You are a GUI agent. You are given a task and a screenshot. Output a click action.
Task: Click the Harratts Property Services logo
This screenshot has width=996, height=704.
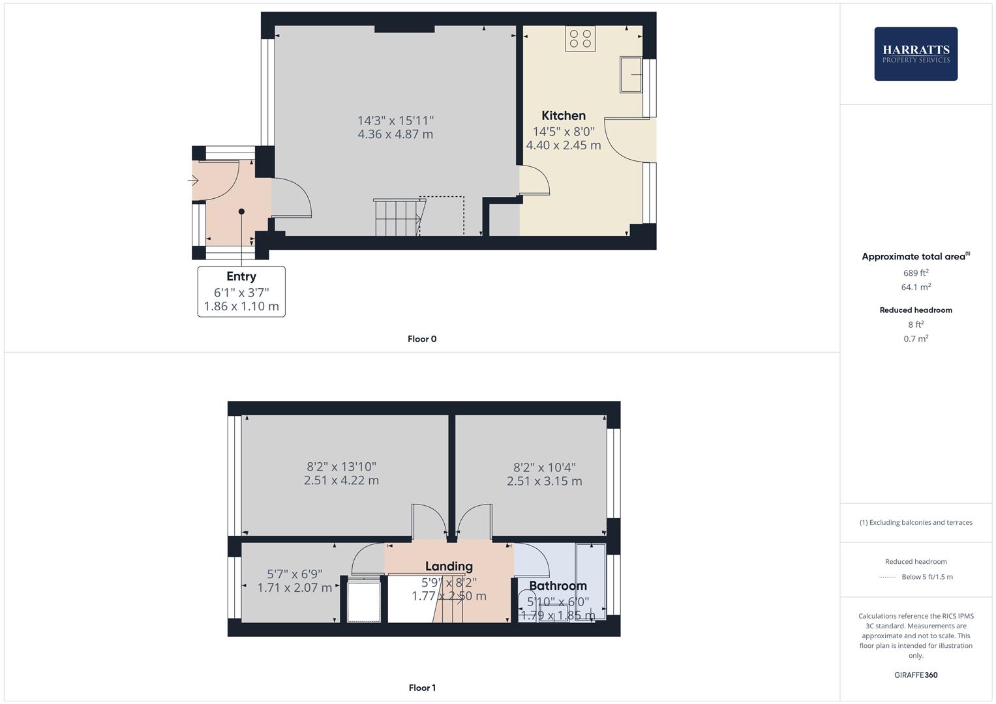(x=916, y=53)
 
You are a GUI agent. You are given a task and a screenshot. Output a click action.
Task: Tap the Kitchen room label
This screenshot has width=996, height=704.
(x=564, y=115)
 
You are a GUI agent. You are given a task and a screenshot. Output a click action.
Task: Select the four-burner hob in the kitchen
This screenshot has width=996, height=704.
(x=581, y=38)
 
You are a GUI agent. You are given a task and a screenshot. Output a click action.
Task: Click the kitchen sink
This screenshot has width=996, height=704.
(x=631, y=74)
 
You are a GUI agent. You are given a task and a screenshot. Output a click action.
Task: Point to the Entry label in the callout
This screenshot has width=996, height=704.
(x=241, y=276)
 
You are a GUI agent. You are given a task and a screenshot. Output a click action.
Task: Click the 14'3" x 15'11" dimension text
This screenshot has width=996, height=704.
(x=395, y=121)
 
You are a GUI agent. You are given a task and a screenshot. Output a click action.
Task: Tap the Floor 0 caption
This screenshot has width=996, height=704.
(x=422, y=339)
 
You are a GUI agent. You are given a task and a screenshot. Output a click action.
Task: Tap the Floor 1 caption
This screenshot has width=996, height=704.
(x=422, y=688)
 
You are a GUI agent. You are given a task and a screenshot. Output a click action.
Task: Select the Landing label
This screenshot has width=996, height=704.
(x=449, y=566)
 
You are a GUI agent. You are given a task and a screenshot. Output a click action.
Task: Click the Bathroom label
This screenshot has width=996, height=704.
(x=558, y=585)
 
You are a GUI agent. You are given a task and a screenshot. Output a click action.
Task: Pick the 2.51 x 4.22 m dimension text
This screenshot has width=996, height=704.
(x=341, y=481)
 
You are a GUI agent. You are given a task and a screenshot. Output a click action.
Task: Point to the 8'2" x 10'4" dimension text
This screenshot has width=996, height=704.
(x=545, y=467)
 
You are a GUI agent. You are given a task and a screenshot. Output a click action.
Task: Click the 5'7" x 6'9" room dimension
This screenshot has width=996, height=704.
(x=295, y=574)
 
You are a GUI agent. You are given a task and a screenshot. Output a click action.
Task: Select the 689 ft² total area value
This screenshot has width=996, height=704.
(x=916, y=273)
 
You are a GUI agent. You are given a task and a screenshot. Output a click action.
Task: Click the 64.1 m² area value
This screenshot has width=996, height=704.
(x=916, y=287)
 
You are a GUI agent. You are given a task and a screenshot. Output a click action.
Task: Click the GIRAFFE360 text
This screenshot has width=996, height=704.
(x=916, y=675)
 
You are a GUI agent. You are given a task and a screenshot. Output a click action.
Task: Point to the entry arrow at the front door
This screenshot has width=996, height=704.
(x=193, y=181)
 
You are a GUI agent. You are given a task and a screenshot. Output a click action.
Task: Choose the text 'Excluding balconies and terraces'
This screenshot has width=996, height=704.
(x=920, y=522)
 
